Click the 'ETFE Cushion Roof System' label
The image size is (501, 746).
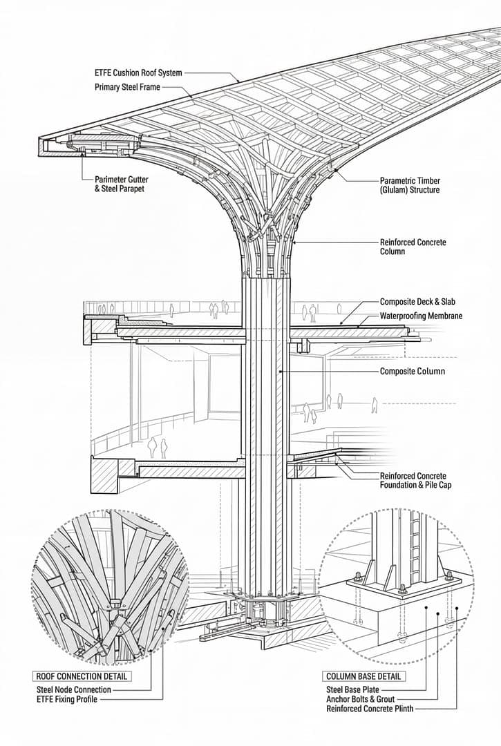pyautogui.click(x=138, y=73)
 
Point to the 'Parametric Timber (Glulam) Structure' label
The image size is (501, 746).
pyautogui.click(x=409, y=184)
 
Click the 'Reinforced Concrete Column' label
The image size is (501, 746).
pyautogui.click(x=413, y=247)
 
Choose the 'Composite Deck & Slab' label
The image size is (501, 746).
pyautogui.click(x=417, y=302)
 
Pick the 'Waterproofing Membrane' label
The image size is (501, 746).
pyautogui.click(x=421, y=316)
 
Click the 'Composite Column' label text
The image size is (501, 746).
pyautogui.click(x=413, y=372)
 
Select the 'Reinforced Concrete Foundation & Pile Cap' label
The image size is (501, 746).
pyautogui.click(x=413, y=480)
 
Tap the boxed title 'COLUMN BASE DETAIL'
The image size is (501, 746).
pyautogui.click(x=363, y=676)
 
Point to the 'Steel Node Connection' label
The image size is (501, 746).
pyautogui.click(x=73, y=689)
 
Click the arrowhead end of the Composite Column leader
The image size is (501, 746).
pyautogui.click(x=280, y=372)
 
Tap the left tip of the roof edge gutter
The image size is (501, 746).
pyautogui.click(x=40, y=146)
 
